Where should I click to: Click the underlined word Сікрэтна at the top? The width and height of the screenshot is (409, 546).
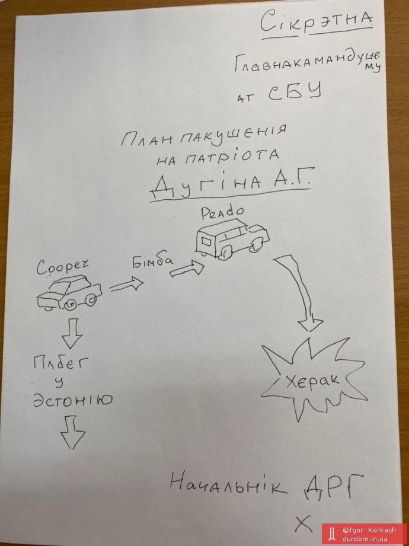[x=318, y=23]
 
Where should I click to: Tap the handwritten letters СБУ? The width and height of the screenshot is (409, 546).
[x=294, y=94]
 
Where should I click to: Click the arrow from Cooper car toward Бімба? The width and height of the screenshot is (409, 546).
[x=126, y=285]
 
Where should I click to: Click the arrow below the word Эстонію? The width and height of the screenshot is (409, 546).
[x=73, y=432]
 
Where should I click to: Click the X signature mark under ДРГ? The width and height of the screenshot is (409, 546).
[x=303, y=523]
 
